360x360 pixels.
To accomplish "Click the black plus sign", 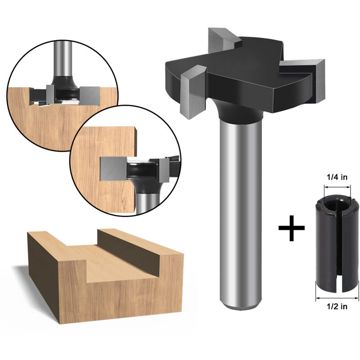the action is (x=291, y=228).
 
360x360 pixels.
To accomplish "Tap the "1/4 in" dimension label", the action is (x=337, y=177).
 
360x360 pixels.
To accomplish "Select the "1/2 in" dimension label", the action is (x=337, y=306).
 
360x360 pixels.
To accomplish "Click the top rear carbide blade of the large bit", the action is (x=221, y=39).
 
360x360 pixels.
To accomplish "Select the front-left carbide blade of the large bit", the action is (x=193, y=92).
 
